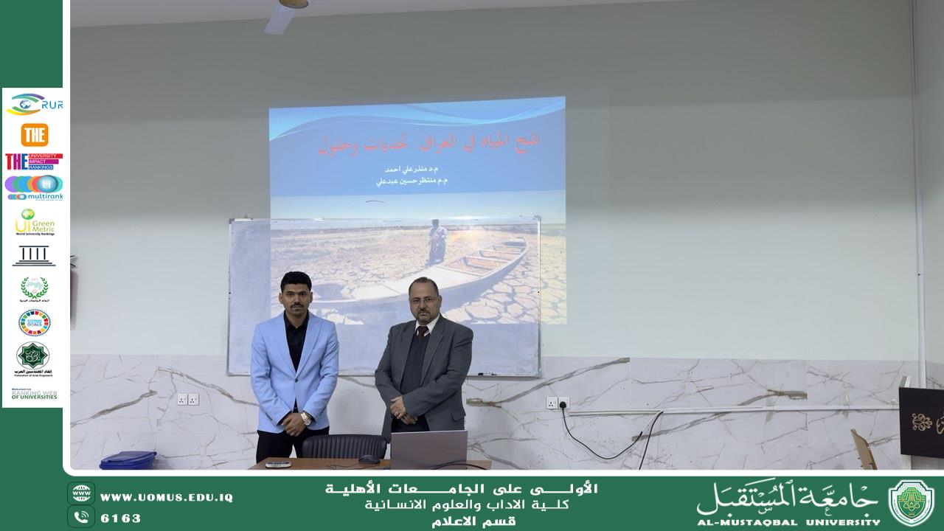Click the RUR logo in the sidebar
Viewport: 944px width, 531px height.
34,104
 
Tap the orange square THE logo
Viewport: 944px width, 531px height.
34,134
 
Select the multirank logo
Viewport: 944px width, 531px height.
34,187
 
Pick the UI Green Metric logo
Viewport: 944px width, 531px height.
34,222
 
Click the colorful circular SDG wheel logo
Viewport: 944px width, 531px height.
34,322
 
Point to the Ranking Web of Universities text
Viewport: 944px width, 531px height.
34,395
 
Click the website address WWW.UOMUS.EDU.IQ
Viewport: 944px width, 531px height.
166,498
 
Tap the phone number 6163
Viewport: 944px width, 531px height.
120,518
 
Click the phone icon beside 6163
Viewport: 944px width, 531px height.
81,517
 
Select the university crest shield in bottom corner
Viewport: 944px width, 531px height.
911,502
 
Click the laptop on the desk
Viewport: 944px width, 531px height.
428,449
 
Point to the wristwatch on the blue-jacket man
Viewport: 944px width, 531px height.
305,418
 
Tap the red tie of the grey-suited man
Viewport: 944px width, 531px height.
421,333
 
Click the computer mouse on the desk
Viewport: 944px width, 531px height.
369,459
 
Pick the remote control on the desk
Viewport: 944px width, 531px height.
278,464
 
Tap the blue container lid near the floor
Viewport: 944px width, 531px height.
128,459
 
